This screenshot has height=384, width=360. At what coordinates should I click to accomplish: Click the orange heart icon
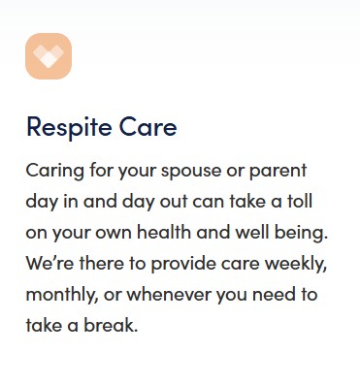(x=49, y=56)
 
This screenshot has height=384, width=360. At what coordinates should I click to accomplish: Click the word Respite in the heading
(x=69, y=128)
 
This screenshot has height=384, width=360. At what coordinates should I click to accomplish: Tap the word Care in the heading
(x=148, y=126)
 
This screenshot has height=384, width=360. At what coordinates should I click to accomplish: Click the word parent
(x=278, y=172)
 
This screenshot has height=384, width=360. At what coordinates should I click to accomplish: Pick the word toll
(x=300, y=201)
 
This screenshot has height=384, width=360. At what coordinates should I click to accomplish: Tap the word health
(x=164, y=232)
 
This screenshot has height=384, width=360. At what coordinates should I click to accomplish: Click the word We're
(x=49, y=263)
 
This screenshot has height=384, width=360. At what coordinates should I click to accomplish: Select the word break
(x=111, y=325)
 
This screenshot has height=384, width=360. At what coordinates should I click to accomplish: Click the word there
(x=102, y=263)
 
